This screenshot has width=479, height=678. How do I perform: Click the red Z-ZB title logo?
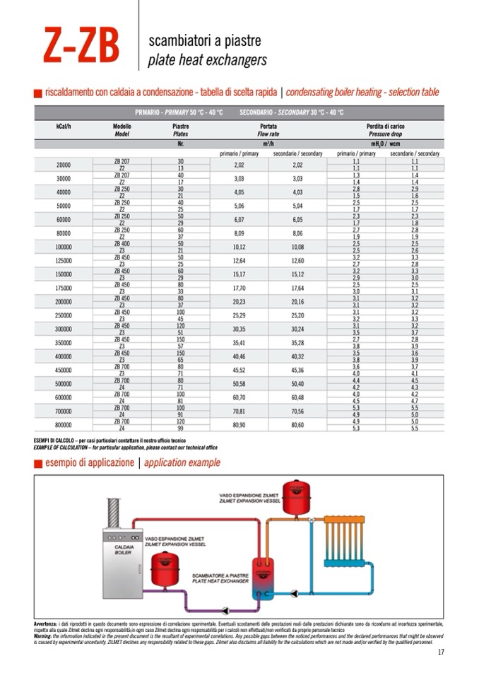pyautogui.click(x=81, y=46)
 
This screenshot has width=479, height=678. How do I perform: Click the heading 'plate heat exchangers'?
pyautogui.click(x=207, y=60)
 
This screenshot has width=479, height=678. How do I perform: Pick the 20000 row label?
pyautogui.click(x=63, y=165)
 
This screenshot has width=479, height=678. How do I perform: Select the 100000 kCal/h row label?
pyautogui.click(x=63, y=247)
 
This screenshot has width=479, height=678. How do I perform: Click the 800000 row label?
pyautogui.click(x=63, y=426)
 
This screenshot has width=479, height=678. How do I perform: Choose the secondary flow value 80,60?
pyautogui.click(x=297, y=426)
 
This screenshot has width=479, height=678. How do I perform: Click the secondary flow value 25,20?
pyautogui.click(x=297, y=315)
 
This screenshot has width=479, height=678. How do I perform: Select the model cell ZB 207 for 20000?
pyautogui.click(x=122, y=161)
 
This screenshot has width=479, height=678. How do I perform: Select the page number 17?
pyautogui.click(x=440, y=652)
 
